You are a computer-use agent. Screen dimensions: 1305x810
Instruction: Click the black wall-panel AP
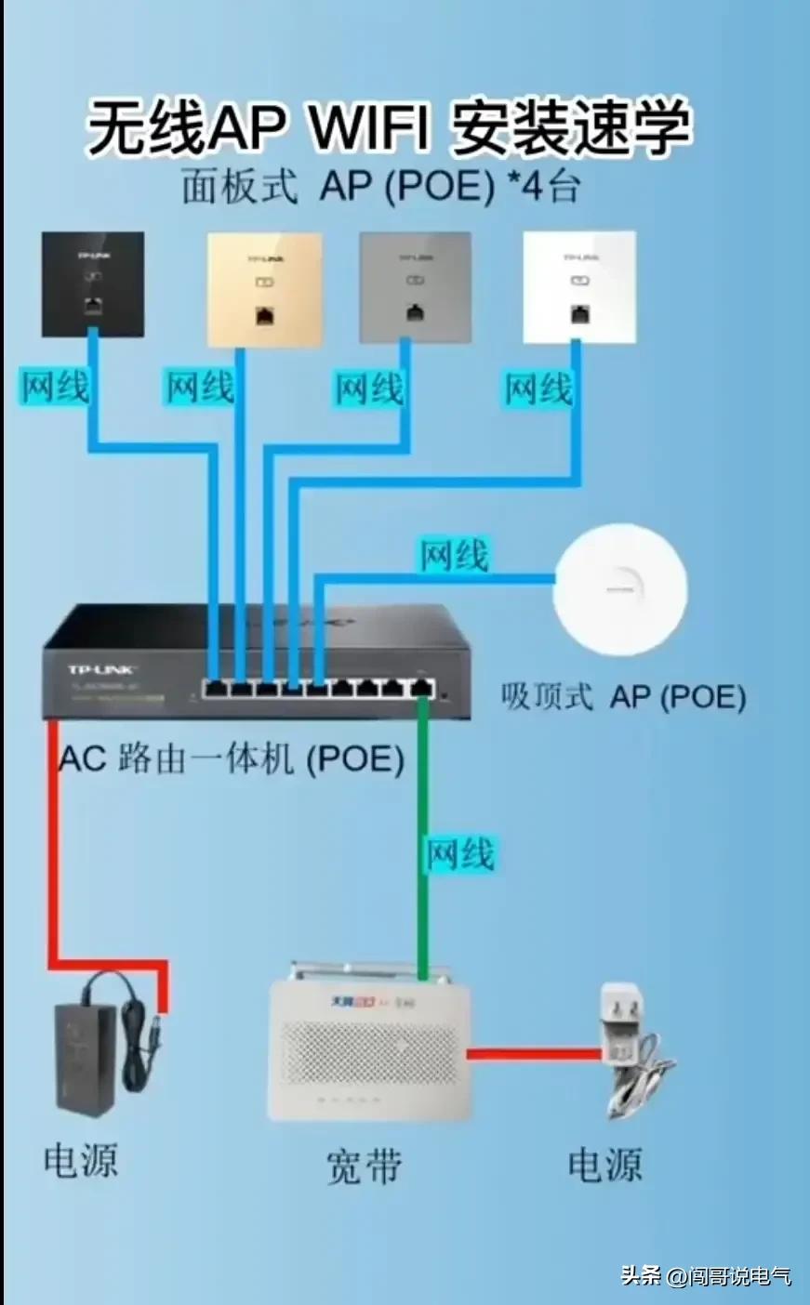(x=93, y=284)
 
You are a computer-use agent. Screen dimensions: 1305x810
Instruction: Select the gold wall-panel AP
(x=264, y=289)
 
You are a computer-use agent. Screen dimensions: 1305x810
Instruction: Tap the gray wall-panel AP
(x=415, y=287)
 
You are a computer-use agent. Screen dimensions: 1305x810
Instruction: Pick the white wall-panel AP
(x=579, y=287)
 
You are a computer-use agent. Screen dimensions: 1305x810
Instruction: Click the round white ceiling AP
(x=619, y=589)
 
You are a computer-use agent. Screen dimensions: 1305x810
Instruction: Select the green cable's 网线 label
(x=459, y=853)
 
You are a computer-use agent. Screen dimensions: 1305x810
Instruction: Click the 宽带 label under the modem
(x=364, y=1166)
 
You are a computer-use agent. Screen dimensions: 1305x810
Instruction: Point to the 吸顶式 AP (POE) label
(x=623, y=697)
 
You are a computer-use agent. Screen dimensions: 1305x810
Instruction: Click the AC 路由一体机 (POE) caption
(x=232, y=758)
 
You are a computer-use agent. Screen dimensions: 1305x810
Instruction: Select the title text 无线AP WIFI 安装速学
(x=389, y=128)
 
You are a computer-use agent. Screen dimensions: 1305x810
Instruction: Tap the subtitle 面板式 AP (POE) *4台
(x=380, y=187)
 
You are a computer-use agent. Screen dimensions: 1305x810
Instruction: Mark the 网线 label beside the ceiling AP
(x=454, y=556)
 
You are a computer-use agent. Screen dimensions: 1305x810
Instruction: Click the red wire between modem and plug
(x=534, y=1054)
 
